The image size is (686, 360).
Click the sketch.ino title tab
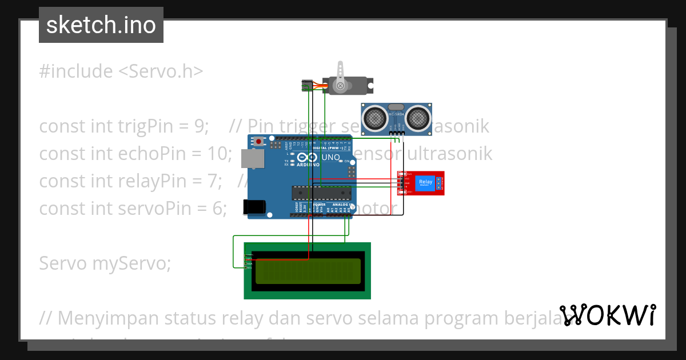click(x=101, y=25)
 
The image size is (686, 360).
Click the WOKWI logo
click(x=607, y=315)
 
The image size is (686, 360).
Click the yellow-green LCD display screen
click(x=308, y=271)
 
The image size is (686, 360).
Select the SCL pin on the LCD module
click(x=249, y=267)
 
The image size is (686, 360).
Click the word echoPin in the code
click(x=163, y=153)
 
